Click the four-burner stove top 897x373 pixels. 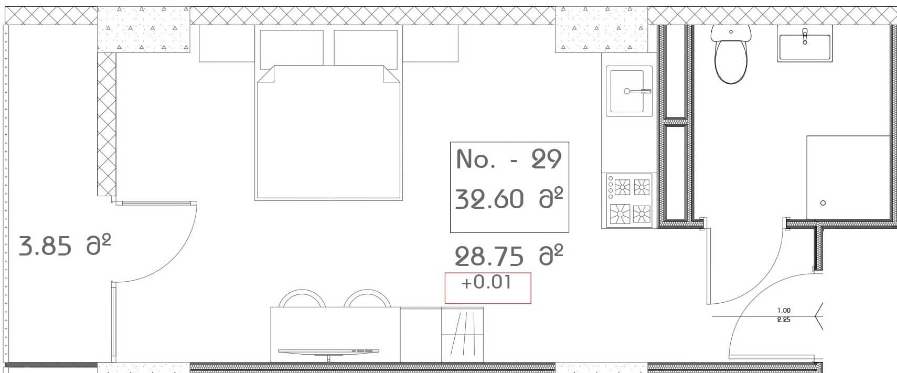(629, 200)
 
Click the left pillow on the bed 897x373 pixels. (292, 48)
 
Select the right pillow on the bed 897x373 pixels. (365, 48)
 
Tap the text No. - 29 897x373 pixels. (509, 159)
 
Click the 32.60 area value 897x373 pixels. (489, 199)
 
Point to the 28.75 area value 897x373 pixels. (489, 257)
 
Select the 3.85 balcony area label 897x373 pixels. (45, 246)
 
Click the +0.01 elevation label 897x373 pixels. (486, 283)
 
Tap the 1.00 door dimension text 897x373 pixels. (784, 311)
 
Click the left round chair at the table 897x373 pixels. (301, 299)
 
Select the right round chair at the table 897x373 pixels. (367, 299)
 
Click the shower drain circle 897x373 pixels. (823, 203)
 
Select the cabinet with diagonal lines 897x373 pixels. (462, 335)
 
